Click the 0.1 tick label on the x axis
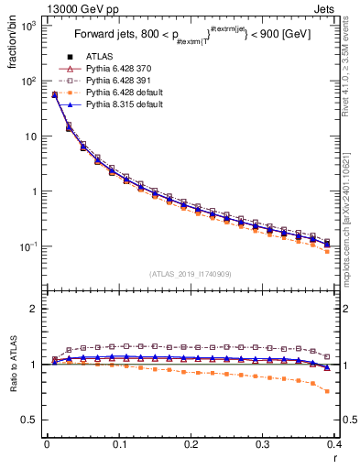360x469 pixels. [x=119, y=444]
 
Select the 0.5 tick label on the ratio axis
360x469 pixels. [x=30, y=420]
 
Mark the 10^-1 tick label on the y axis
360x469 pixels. [x=27, y=247]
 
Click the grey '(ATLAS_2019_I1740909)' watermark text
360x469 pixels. [x=191, y=274]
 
